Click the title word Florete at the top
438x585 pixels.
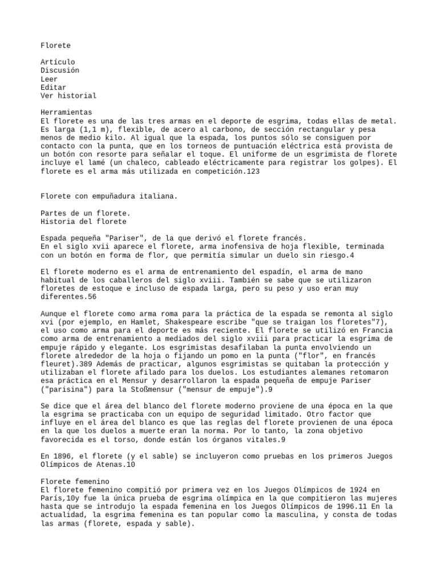(56, 45)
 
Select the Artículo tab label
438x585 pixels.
(58, 62)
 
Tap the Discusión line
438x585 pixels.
(60, 70)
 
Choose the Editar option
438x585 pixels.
(54, 87)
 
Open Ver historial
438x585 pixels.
(68, 96)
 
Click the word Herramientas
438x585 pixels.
(66, 113)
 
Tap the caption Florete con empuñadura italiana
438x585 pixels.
(109, 197)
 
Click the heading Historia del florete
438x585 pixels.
(83, 222)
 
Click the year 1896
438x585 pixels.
(64, 456)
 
